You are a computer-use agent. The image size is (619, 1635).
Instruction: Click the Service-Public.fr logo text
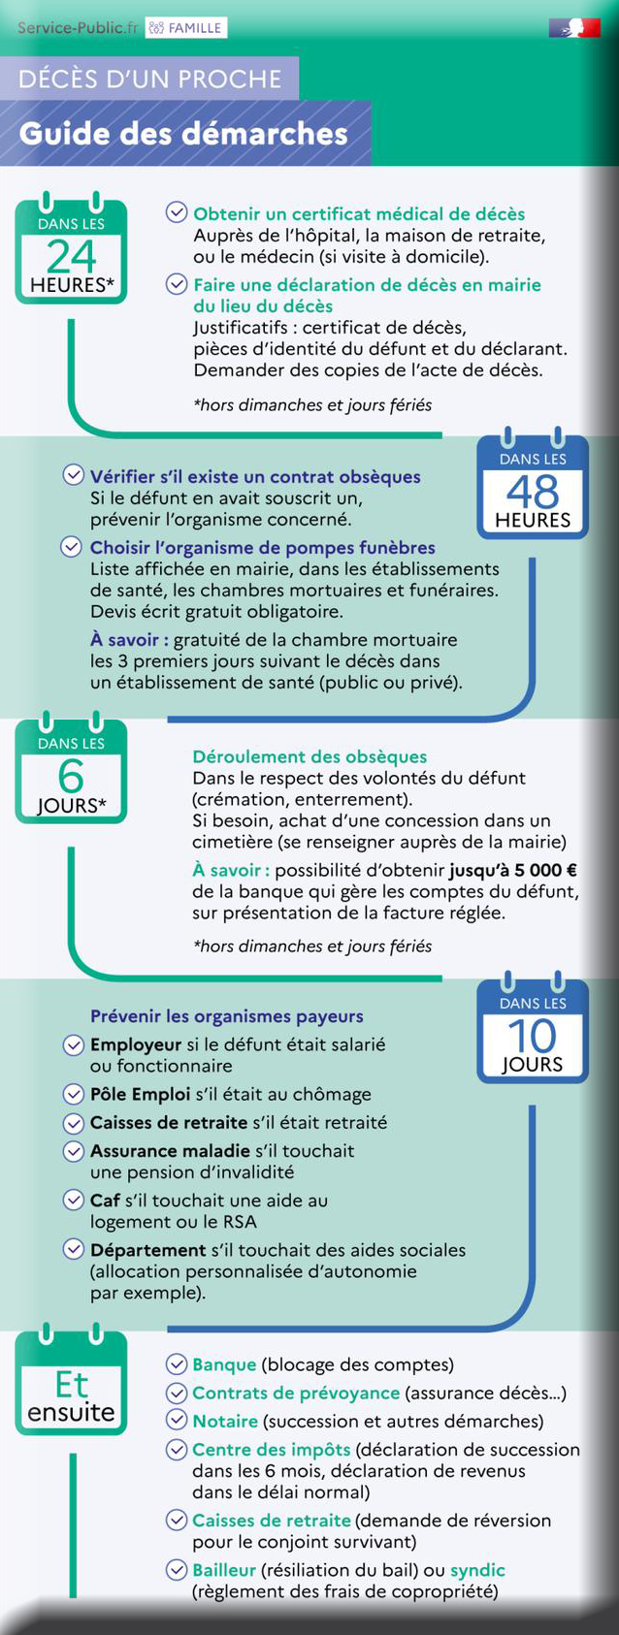point(78,28)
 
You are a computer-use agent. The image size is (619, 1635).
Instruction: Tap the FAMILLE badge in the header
point(186,28)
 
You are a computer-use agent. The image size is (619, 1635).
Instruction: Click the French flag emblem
point(573,28)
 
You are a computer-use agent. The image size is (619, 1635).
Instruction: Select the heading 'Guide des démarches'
point(183,134)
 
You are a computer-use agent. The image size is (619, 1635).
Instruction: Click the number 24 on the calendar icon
point(72,256)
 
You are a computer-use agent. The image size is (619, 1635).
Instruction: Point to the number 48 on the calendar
point(533,492)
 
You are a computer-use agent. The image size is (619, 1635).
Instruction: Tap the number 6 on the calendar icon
point(71,776)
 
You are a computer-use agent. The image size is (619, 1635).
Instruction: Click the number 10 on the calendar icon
point(533,1036)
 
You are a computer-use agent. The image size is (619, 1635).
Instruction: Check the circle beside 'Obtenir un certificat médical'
point(177,212)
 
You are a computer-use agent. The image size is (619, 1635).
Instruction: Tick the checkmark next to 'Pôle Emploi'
point(73,1094)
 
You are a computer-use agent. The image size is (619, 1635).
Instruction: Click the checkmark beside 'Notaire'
point(177,1420)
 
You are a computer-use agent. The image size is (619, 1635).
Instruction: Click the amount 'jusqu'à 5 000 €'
point(513,870)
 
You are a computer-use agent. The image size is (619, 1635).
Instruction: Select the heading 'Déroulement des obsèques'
point(309,756)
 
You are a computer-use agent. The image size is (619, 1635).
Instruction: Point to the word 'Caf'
point(105,1200)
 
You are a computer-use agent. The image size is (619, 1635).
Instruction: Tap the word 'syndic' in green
point(477,1569)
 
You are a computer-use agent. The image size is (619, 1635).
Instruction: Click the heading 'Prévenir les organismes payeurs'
point(227,1016)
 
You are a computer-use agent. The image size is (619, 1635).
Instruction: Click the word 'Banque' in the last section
point(224,1364)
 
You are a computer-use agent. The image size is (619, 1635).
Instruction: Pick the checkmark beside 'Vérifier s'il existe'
point(73,475)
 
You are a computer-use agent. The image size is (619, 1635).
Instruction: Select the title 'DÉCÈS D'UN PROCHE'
point(149,79)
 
